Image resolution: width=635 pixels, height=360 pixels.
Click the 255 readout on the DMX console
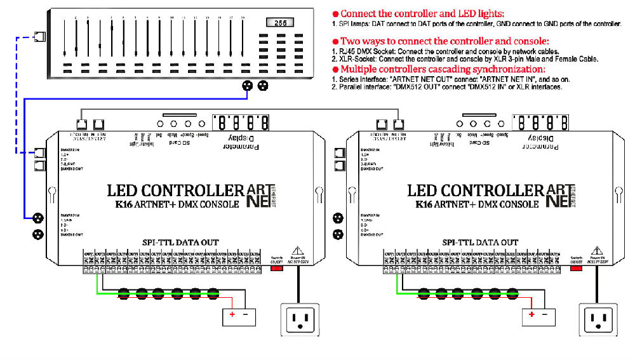[279, 23]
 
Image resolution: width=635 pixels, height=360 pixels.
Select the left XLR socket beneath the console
[248, 86]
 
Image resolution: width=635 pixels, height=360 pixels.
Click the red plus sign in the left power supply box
[232, 315]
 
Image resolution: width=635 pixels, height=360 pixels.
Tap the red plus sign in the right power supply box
[532, 315]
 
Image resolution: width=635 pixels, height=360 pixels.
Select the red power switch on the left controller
[277, 268]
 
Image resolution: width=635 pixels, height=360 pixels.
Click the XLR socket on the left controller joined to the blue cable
[38, 217]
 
